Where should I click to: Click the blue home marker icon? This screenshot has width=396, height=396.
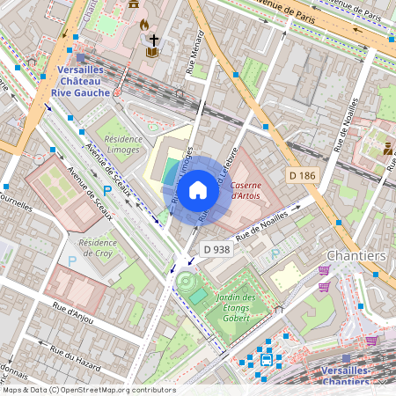coord(198,189)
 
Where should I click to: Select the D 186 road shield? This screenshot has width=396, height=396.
coord(302,177)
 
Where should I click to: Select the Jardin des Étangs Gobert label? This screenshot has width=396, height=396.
coord(235,309)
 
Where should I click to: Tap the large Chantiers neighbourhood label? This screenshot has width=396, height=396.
coord(356,255)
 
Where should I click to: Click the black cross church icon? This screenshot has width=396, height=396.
coord(154,40)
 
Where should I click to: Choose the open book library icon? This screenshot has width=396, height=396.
coord(152,53)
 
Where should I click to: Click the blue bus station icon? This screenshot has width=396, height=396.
coord(266,358)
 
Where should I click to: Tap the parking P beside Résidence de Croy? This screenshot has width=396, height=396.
coord(73,260)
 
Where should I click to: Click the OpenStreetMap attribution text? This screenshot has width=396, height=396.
coord(88,390)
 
